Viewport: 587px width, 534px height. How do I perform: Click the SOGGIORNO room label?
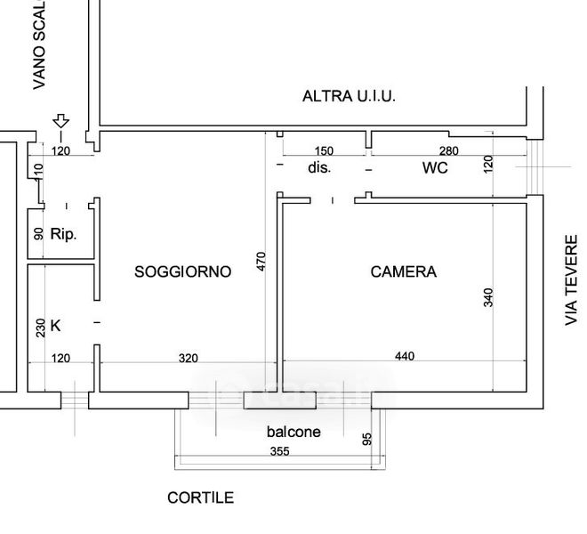[x=182, y=271]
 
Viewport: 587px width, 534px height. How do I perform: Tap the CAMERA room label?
[x=403, y=271]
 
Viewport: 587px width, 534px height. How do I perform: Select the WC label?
[x=435, y=167]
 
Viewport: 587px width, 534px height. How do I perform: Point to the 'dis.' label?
[x=319, y=167]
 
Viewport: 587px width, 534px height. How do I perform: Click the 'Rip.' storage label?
[x=63, y=236]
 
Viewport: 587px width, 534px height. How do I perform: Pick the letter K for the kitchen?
[x=55, y=326]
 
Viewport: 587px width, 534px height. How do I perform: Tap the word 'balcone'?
[x=293, y=432]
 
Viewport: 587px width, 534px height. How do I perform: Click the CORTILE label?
[x=200, y=498]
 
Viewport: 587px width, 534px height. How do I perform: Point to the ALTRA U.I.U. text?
[x=349, y=96]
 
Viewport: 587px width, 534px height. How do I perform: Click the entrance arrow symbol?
[x=60, y=121]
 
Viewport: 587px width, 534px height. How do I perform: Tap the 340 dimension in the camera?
[x=487, y=297]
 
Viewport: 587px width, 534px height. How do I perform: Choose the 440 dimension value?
[x=404, y=357]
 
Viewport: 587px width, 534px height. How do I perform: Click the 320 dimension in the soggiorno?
[x=188, y=359]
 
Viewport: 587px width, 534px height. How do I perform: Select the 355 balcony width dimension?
[x=278, y=451]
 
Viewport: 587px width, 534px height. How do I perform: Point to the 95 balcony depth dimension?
[x=366, y=439]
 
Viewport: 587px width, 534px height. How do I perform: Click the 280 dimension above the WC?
[x=448, y=150]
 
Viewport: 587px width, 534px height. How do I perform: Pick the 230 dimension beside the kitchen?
[x=38, y=327]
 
